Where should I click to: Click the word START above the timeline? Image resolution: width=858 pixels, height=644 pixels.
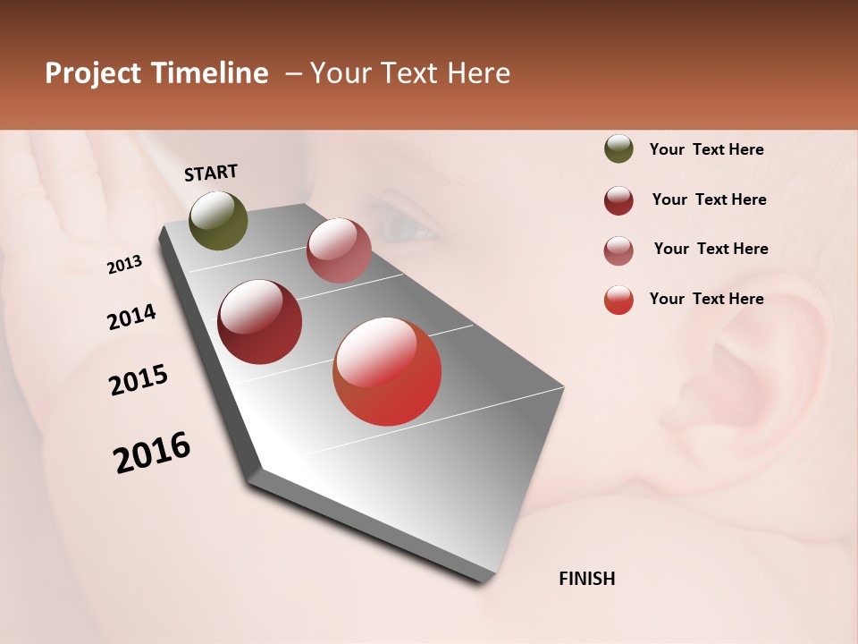pyautogui.click(x=211, y=173)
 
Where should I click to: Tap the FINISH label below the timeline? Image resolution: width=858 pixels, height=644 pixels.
pyautogui.click(x=586, y=579)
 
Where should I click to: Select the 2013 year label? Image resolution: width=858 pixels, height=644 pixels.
pyautogui.click(x=125, y=265)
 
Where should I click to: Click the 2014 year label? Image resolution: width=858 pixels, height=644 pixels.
pyautogui.click(x=131, y=317)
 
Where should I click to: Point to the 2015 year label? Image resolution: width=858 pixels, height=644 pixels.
pyautogui.click(x=139, y=380)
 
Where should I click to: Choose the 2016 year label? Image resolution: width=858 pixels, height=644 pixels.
pyautogui.click(x=152, y=453)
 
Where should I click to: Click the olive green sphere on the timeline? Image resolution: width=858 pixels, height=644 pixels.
pyautogui.click(x=219, y=221)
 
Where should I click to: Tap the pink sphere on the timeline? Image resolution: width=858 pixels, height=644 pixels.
pyautogui.click(x=339, y=250)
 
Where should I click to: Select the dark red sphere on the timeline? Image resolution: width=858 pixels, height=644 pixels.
pyautogui.click(x=260, y=322)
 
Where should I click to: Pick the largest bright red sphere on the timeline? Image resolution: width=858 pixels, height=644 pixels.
pyautogui.click(x=387, y=371)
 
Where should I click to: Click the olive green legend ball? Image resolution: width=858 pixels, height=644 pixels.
pyautogui.click(x=618, y=149)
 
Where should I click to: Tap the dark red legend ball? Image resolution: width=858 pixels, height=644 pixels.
pyautogui.click(x=618, y=200)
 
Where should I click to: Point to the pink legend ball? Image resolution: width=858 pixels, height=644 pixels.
pyautogui.click(x=618, y=250)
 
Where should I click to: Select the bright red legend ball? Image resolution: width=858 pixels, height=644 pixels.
pyautogui.click(x=618, y=300)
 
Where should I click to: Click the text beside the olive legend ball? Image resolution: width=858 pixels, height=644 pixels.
pyautogui.click(x=706, y=150)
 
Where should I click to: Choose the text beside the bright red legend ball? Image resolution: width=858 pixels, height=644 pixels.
pyautogui.click(x=706, y=299)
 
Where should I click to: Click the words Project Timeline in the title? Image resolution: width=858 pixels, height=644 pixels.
pyautogui.click(x=156, y=73)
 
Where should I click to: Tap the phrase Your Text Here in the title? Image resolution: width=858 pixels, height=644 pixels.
pyautogui.click(x=410, y=73)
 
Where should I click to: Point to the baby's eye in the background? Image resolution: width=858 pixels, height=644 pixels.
pyautogui.click(x=407, y=228)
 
